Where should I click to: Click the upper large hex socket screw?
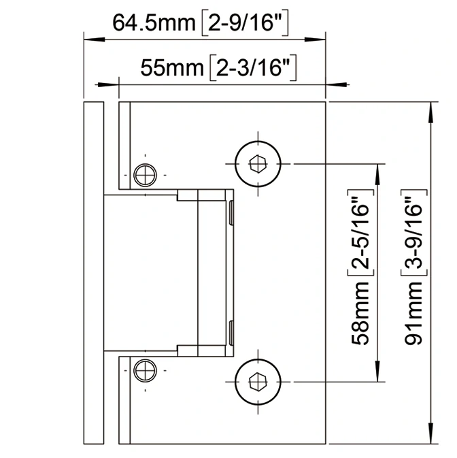[x=258, y=164]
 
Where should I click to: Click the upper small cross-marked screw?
[x=144, y=174]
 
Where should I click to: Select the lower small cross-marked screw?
[x=144, y=371]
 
